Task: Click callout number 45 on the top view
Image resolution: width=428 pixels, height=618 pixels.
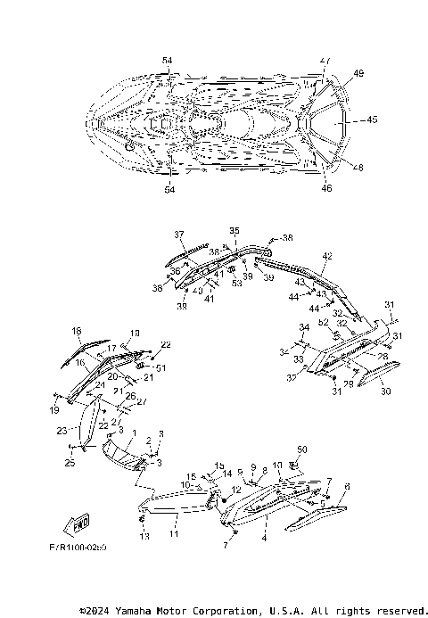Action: [372, 119]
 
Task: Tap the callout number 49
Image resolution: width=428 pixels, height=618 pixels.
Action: [359, 73]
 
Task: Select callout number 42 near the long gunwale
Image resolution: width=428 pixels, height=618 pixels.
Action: [326, 257]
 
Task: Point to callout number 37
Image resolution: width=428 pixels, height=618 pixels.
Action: [178, 235]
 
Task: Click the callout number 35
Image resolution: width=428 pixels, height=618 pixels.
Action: [235, 230]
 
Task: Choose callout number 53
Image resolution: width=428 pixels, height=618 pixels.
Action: [236, 284]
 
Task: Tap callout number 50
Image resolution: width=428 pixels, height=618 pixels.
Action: [301, 449]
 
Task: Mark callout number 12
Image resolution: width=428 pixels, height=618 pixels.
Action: [237, 490]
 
